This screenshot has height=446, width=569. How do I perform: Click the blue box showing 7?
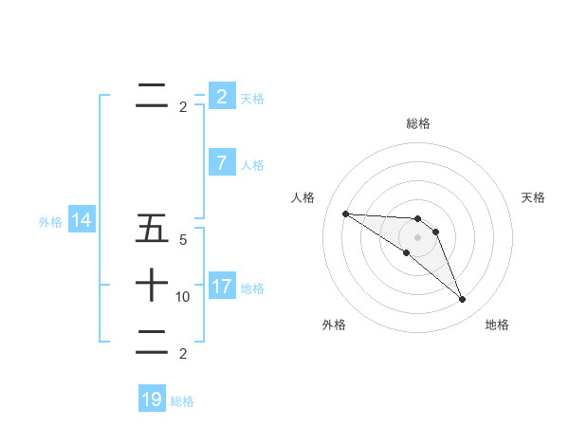pos(221,163)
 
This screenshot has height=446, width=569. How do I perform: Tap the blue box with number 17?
pos(221,287)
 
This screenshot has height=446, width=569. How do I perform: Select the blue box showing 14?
pos(82,221)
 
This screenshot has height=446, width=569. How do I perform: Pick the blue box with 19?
pos(152,400)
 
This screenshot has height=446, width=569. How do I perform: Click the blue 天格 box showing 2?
pos(221,97)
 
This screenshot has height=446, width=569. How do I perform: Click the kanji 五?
pos(152,230)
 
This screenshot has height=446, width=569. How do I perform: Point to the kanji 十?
pos(152,284)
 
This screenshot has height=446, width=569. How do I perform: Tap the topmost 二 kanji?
pos(152,96)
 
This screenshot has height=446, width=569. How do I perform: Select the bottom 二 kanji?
pos(152,344)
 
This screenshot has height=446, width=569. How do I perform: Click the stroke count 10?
pos(183,297)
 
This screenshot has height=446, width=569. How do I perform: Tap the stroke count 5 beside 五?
pos(183,241)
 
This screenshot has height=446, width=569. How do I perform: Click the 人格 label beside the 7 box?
pos(252,165)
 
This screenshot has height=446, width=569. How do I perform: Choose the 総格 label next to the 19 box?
pos(182,401)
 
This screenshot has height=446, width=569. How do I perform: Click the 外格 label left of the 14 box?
pos(50,222)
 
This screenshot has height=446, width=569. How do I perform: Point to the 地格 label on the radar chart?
pos(497,325)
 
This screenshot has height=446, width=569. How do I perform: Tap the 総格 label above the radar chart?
pos(418,123)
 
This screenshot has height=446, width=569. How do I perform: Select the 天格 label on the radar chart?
pos(534,197)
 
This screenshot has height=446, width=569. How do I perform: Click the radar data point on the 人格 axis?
pos(345,214)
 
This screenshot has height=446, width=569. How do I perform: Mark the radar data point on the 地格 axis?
pos(463,300)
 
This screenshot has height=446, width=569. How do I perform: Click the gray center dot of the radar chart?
pos(418,236)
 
